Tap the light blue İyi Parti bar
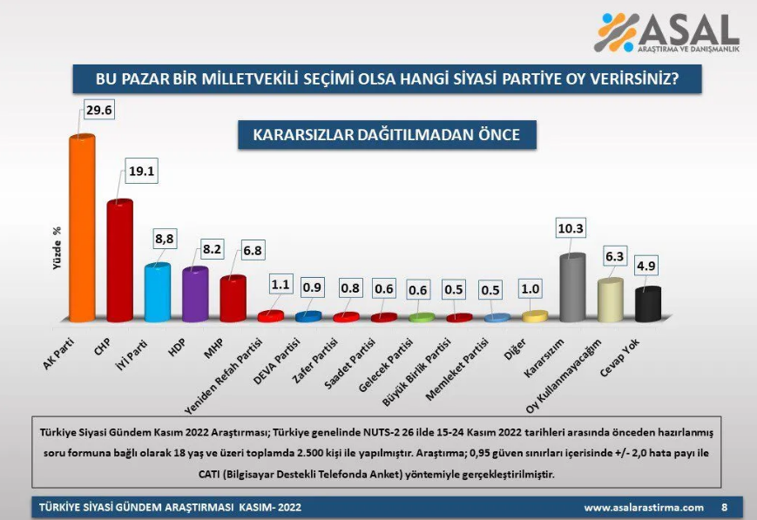click(x=157, y=293)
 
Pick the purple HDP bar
click(x=194, y=294)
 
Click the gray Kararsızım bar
click(x=571, y=287)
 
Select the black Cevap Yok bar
click(x=647, y=304)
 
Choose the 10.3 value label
click(x=570, y=228)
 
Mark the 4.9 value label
click(x=647, y=266)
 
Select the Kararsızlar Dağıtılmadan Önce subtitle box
click(x=386, y=135)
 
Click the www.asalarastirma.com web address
click(x=643, y=507)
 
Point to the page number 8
click(x=724, y=507)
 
